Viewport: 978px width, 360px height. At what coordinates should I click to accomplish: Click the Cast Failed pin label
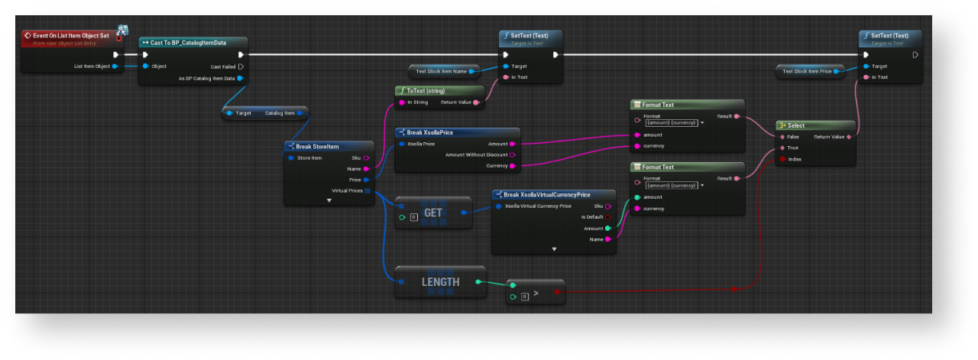tap(223, 66)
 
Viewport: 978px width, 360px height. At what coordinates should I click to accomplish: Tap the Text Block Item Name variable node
tap(442, 71)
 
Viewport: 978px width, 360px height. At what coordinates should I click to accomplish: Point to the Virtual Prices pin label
tap(345, 190)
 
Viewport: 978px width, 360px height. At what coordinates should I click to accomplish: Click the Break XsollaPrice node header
tap(430, 132)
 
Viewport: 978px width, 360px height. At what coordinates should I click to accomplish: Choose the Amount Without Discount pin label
tap(476, 154)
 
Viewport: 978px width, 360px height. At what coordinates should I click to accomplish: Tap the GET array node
tap(432, 213)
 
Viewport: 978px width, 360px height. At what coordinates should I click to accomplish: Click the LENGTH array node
tap(440, 282)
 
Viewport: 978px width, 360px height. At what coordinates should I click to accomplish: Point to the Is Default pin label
tap(592, 217)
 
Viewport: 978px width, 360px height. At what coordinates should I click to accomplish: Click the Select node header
tap(796, 125)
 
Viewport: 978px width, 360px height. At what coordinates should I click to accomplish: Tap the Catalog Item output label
tap(279, 113)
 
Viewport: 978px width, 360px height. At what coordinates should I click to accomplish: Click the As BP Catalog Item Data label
tap(206, 78)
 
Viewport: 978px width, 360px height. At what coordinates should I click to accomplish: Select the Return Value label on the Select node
tap(828, 137)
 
